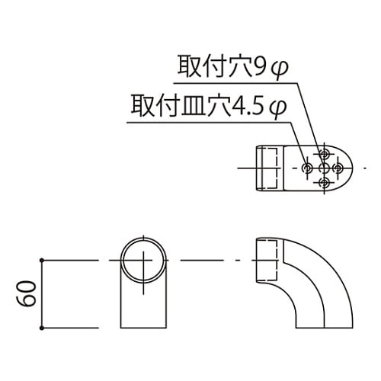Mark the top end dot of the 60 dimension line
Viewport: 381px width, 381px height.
pyautogui.click(x=42, y=261)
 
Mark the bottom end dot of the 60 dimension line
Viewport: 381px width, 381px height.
pyautogui.click(x=42, y=328)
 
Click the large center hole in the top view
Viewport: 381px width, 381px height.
pyautogui.click(x=325, y=167)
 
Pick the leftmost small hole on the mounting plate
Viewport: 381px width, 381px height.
pyautogui.click(x=307, y=167)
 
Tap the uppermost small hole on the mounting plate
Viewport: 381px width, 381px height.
pyautogui.click(x=325, y=151)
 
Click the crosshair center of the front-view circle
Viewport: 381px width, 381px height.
pyautogui.click(x=142, y=261)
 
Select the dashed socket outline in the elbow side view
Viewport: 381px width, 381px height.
pyautogui.click(x=266, y=261)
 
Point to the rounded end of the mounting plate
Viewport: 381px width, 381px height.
pyautogui.click(x=349, y=167)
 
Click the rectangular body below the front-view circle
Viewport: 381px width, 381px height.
pyautogui.click(x=142, y=305)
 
